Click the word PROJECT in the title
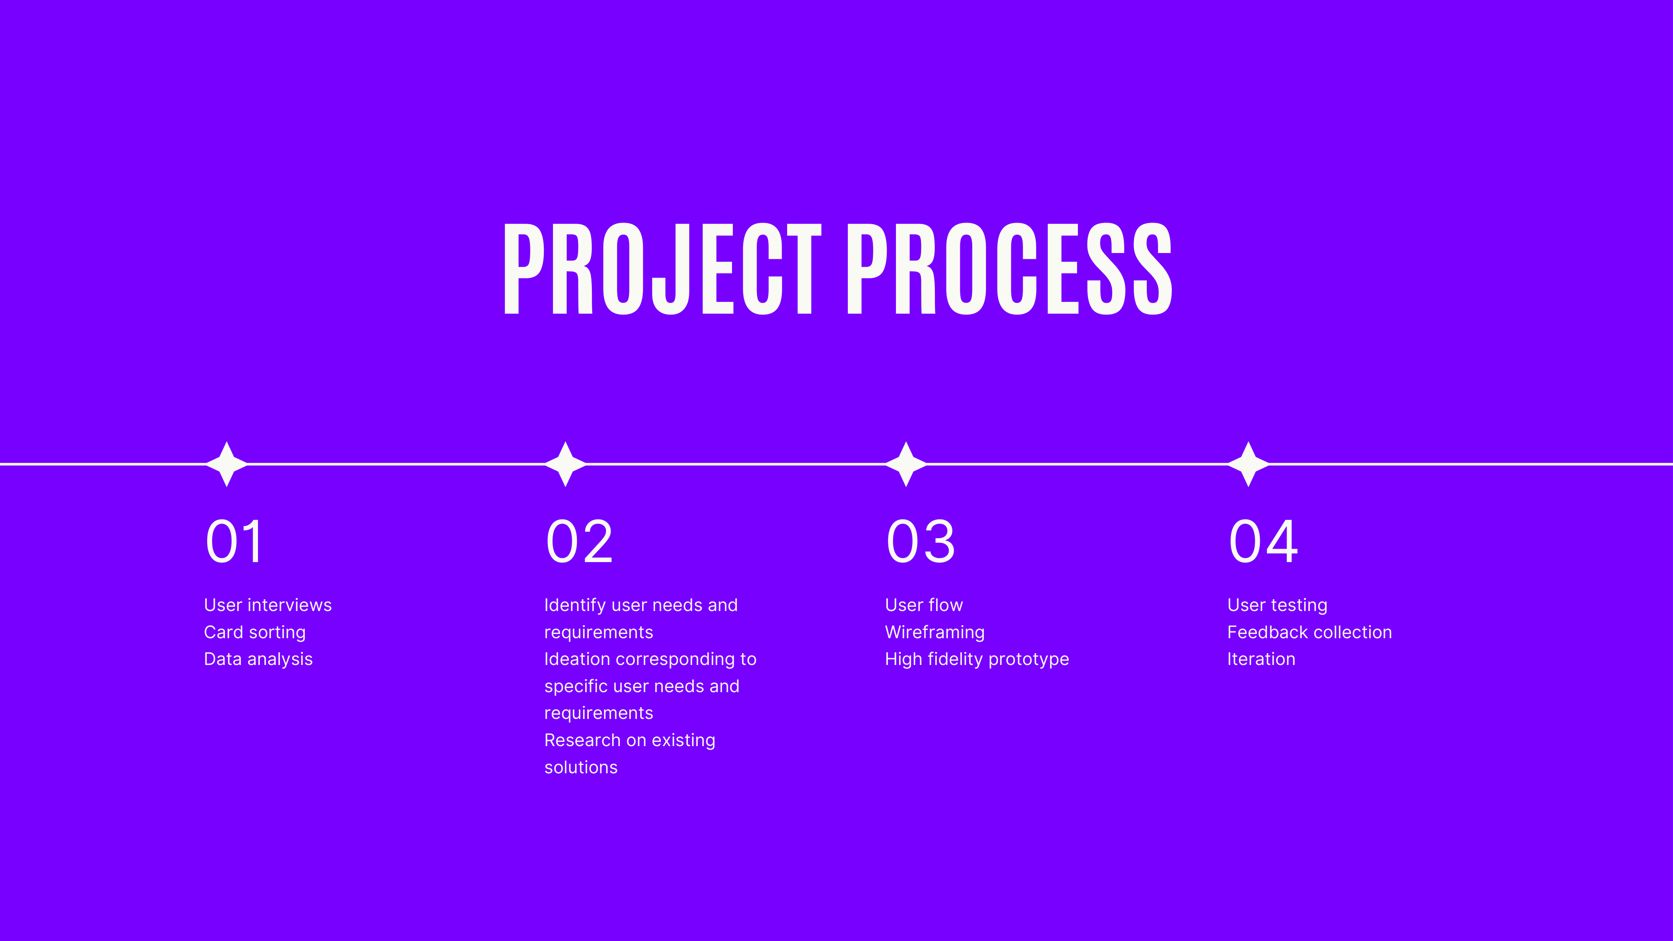click(x=663, y=269)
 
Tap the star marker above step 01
click(x=227, y=464)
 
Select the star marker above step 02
click(x=565, y=464)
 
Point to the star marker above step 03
click(x=906, y=464)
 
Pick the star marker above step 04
click(x=1248, y=464)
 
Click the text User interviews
click(x=268, y=605)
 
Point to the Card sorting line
click(x=255, y=632)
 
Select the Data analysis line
click(x=258, y=659)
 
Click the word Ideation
click(x=577, y=659)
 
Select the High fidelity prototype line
click(x=977, y=659)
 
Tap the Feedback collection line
click(x=1309, y=632)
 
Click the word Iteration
click(x=1261, y=659)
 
